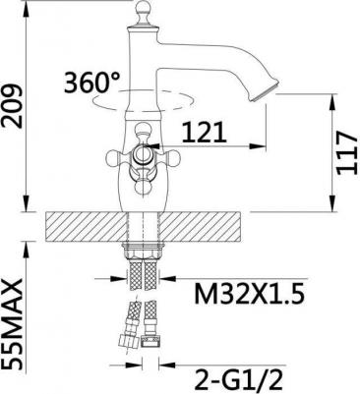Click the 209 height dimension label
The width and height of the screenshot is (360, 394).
[x=12, y=106]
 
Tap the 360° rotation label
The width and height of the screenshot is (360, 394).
[x=91, y=82]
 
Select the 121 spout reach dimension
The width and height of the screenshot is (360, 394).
[x=204, y=133]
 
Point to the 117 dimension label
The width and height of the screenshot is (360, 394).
[x=346, y=152]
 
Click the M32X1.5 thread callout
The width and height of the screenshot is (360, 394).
[x=250, y=293]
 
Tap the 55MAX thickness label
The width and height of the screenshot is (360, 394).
[x=12, y=324]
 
